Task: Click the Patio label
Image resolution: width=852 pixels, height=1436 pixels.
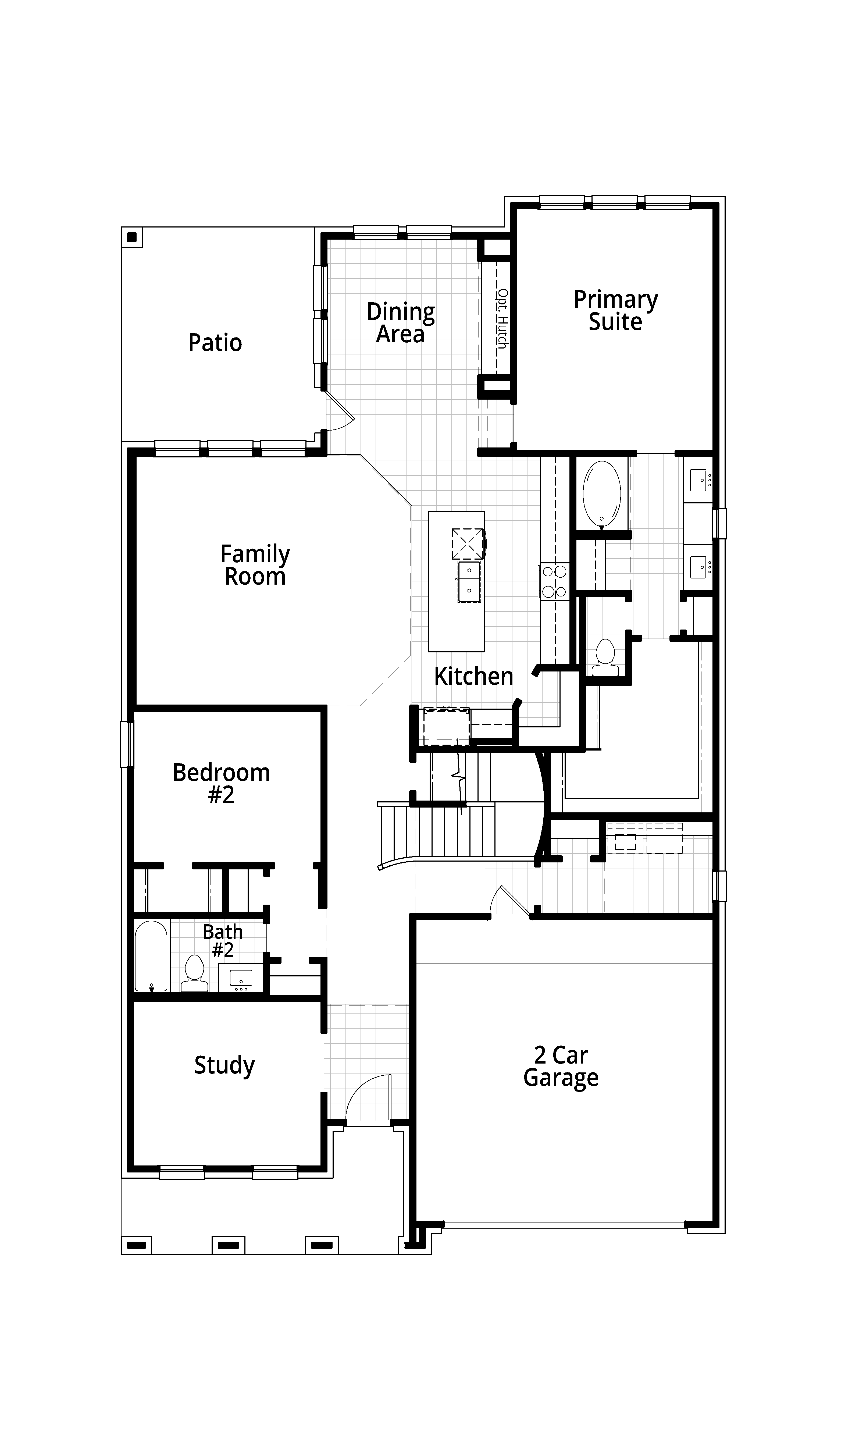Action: point(215,343)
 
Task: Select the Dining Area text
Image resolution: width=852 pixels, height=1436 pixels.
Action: point(401,323)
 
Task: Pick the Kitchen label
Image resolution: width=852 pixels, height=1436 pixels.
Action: point(474,676)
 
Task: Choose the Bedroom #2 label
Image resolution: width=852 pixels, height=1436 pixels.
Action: point(222,784)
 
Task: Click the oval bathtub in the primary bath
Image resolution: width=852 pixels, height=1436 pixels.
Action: point(602,494)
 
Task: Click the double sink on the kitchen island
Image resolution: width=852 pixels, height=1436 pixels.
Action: point(469,581)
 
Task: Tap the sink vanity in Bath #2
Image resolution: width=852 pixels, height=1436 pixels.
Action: point(241,977)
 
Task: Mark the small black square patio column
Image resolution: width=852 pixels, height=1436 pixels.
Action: point(132,237)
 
